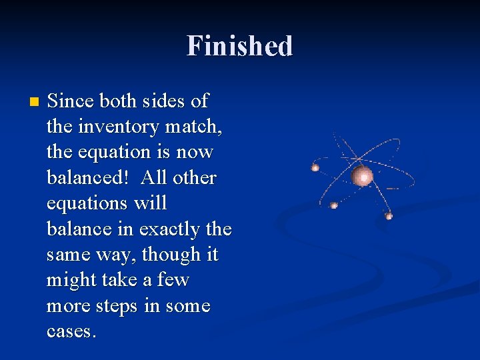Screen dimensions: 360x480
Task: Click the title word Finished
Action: click(x=239, y=46)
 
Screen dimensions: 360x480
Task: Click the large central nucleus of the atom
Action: click(x=363, y=176)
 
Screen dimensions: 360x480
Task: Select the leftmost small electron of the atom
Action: click(x=315, y=167)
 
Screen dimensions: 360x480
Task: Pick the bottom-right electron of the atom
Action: click(x=389, y=215)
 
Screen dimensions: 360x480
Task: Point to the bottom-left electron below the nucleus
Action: click(x=334, y=205)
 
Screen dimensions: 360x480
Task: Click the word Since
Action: click(x=71, y=101)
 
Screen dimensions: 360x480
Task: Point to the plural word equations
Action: click(x=87, y=204)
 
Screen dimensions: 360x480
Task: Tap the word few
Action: click(x=173, y=281)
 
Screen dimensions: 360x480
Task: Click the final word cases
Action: click(x=71, y=332)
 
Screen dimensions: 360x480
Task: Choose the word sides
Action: click(x=160, y=101)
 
